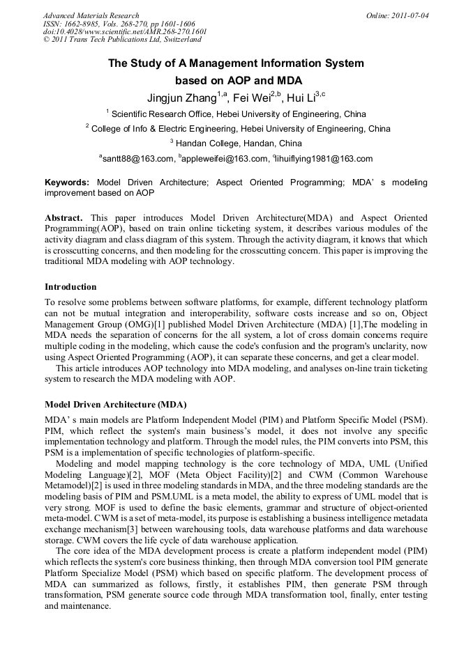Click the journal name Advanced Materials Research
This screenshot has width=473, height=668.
point(91,15)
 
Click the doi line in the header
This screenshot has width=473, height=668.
point(125,32)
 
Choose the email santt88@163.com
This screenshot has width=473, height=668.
point(137,159)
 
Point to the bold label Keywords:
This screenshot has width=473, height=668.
point(67,182)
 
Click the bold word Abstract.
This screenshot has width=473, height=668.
point(63,217)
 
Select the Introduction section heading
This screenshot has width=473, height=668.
point(70,287)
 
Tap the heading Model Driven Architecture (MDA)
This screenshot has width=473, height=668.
point(115,404)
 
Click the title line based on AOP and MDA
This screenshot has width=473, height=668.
point(236,80)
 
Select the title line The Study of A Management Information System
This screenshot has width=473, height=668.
point(236,63)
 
